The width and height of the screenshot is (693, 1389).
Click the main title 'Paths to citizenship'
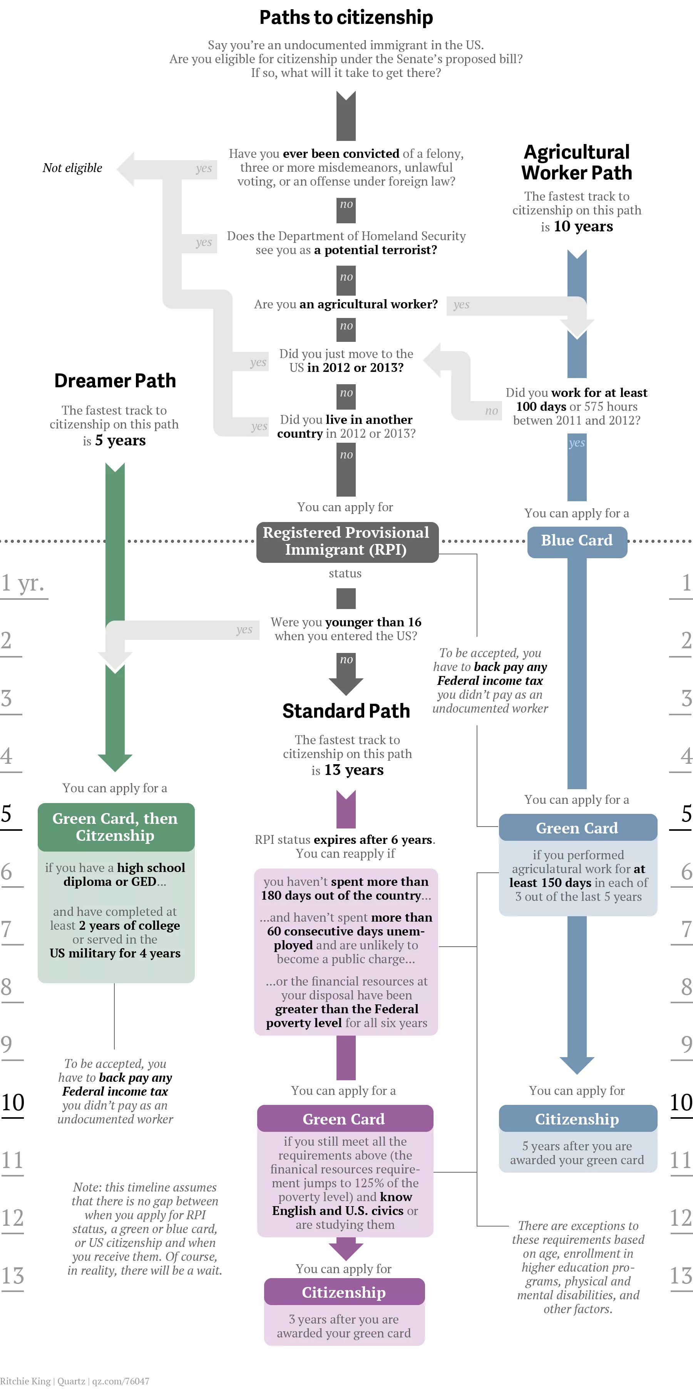click(x=346, y=17)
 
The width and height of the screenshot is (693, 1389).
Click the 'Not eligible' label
click(x=72, y=168)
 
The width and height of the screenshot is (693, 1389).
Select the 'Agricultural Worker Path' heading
click(x=576, y=162)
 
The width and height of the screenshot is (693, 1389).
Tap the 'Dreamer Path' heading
click(x=115, y=381)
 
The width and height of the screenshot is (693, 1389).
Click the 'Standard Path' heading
click(x=346, y=711)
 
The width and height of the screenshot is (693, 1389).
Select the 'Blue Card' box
click(x=576, y=540)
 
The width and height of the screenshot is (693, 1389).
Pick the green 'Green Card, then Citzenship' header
click(x=115, y=827)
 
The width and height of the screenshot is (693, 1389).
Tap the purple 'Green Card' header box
click(x=345, y=1119)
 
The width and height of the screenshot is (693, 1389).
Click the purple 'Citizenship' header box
click(x=344, y=1292)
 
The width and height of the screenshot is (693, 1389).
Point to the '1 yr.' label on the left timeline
click(x=23, y=583)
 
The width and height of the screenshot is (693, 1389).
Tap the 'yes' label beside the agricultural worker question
click(x=461, y=304)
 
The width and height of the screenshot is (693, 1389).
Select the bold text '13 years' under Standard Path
click(x=354, y=770)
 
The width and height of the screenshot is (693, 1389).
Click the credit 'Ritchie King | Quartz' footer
click(x=43, y=1381)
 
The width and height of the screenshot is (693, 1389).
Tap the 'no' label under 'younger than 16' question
click(x=346, y=659)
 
